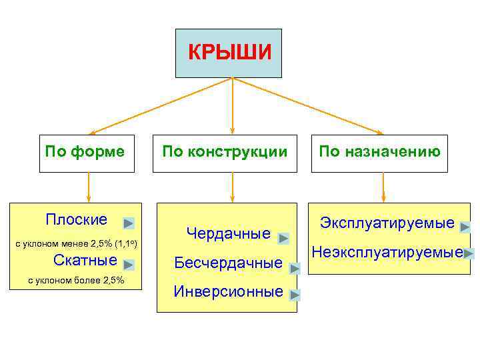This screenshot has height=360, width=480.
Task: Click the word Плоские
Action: coord(76,220)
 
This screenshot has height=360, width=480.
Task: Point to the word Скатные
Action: coord(85,260)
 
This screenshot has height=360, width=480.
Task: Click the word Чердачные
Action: coord(229,234)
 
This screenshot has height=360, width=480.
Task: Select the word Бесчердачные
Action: coord(229,263)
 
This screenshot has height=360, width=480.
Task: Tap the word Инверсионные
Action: coord(229,291)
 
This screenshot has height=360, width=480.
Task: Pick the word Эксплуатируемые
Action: coord(387,223)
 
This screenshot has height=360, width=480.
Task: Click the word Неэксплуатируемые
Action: coord(387,252)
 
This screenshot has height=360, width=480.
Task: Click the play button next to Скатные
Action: coord(129,265)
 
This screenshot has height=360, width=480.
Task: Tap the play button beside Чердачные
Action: coord(283,238)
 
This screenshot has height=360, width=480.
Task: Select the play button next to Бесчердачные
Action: coord(296,269)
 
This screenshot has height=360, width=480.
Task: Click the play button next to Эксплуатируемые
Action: coord(465,227)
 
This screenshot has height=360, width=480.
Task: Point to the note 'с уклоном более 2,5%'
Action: coord(76,280)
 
